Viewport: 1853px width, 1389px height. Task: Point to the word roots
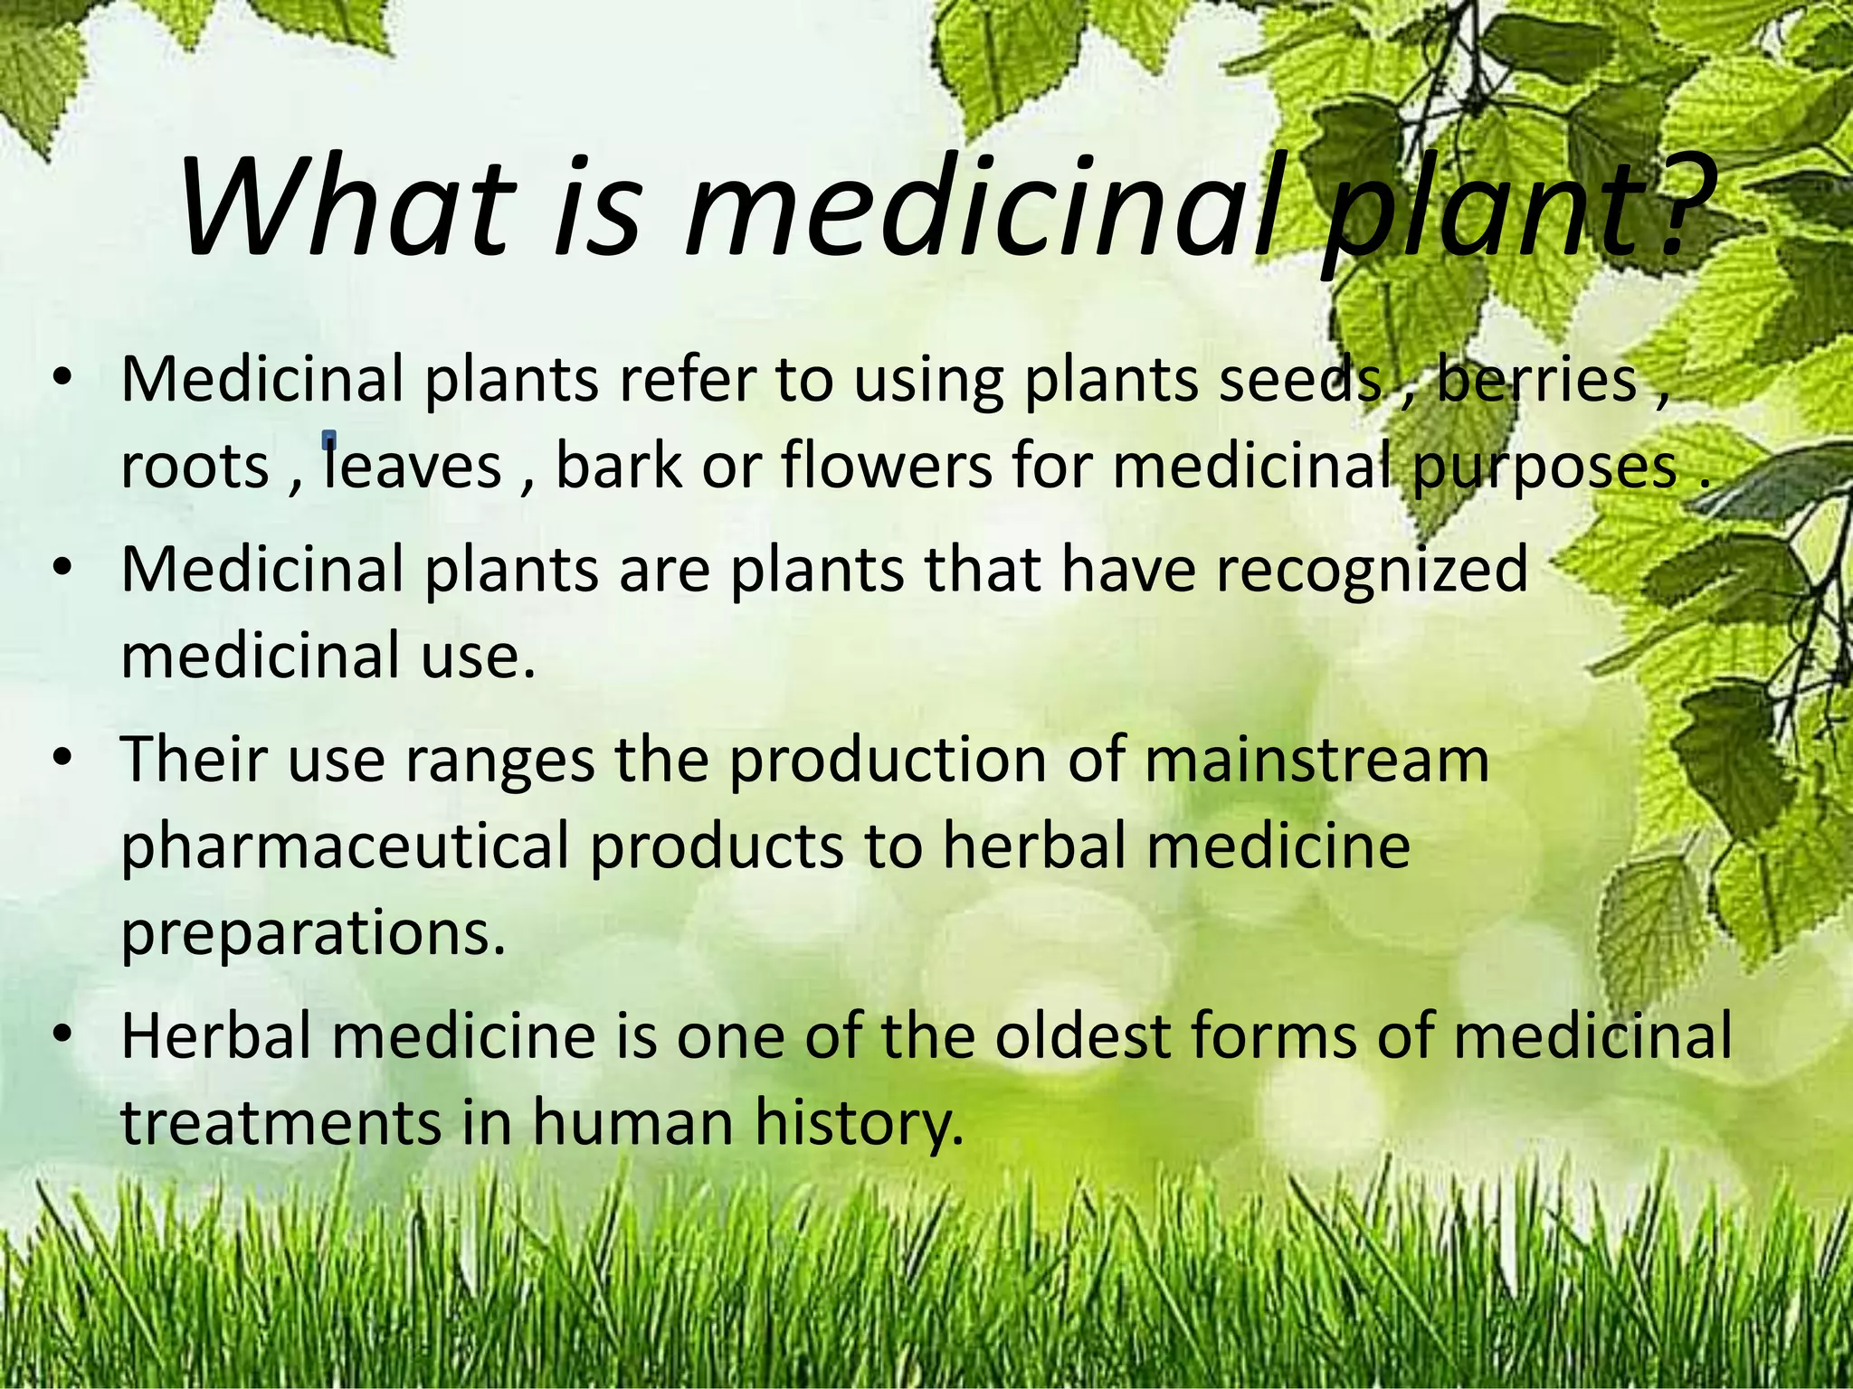195,467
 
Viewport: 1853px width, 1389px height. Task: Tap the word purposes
1544,468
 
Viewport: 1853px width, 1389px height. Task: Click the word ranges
499,761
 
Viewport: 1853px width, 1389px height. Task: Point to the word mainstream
1316,760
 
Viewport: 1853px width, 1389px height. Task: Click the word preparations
312,934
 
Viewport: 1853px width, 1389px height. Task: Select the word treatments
280,1123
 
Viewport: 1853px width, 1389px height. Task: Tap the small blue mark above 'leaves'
329,440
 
